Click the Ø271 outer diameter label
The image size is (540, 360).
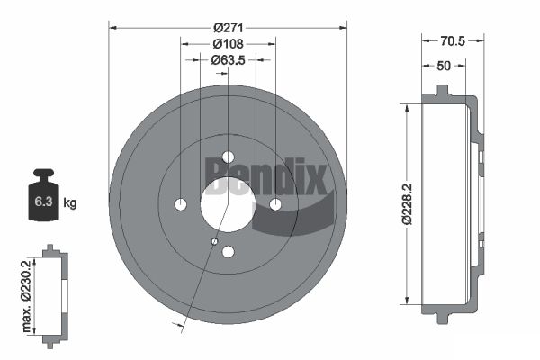229,28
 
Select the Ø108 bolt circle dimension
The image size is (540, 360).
228,44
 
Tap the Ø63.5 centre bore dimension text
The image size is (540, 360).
228,60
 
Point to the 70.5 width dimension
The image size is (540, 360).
453,41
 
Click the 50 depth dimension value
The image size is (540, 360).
444,66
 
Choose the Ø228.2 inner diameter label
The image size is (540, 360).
407,204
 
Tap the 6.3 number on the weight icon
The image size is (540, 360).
43,202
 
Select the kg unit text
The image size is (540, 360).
70,203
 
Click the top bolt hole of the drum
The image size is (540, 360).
228,157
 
